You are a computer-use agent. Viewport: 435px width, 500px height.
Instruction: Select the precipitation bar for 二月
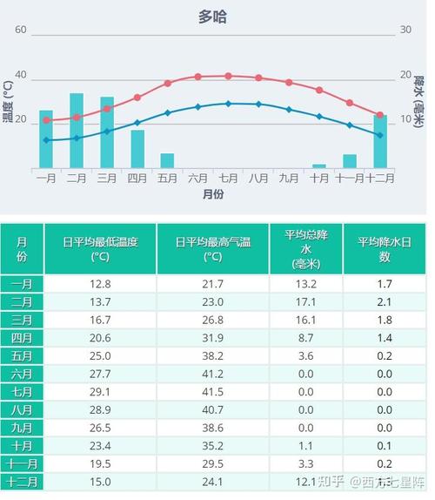[x=77, y=131]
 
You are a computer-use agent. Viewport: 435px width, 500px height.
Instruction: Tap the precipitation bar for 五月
[x=167, y=161]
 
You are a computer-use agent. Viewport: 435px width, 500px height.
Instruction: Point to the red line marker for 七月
[x=228, y=76]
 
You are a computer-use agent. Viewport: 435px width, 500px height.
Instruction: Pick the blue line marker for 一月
[x=46, y=140]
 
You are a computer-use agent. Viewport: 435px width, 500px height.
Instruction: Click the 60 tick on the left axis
[x=21, y=30]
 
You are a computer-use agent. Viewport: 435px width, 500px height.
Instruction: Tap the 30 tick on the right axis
[x=405, y=30]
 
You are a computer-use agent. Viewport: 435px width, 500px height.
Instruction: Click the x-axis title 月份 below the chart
[x=212, y=194]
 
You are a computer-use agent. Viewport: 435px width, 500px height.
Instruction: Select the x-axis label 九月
[x=289, y=178]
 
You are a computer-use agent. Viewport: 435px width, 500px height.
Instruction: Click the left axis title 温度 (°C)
[x=8, y=101]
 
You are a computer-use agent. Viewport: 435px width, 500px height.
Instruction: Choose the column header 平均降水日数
[x=385, y=249]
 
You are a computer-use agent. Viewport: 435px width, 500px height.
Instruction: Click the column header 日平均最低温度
[x=100, y=249]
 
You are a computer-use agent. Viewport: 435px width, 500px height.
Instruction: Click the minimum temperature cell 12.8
[x=100, y=284]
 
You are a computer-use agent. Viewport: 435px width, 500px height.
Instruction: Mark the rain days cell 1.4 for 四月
[x=385, y=337]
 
